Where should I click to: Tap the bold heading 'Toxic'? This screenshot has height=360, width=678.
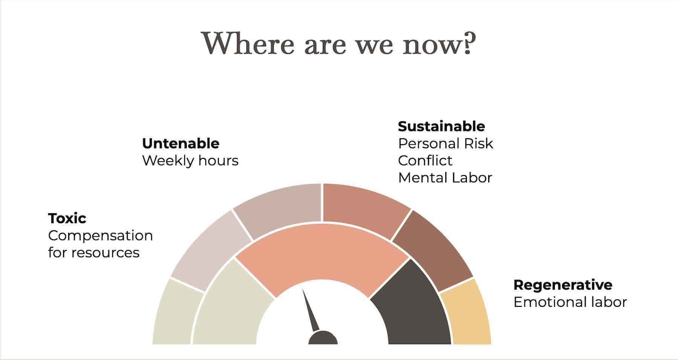(67, 218)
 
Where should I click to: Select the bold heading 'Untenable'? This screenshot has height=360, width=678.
(180, 143)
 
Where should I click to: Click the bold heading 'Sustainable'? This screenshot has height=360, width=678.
(441, 126)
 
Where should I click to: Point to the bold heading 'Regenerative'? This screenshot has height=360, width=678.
(563, 285)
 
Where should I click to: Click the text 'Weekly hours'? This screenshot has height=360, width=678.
(190, 161)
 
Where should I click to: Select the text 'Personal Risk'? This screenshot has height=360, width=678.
(446, 143)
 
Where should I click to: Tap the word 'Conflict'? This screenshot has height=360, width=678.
(425, 161)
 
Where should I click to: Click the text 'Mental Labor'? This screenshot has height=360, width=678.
(445, 178)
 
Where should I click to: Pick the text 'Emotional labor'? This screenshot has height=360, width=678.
(570, 302)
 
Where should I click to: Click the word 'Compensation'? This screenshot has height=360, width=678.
(101, 236)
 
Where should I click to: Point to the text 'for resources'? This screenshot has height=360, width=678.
(94, 253)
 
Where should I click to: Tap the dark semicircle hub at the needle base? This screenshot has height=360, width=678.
(323, 339)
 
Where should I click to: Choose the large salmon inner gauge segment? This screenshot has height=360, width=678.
(322, 256)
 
